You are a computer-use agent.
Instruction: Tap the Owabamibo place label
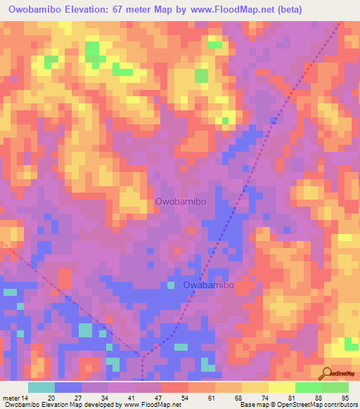209,285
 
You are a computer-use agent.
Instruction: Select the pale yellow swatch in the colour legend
281,387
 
